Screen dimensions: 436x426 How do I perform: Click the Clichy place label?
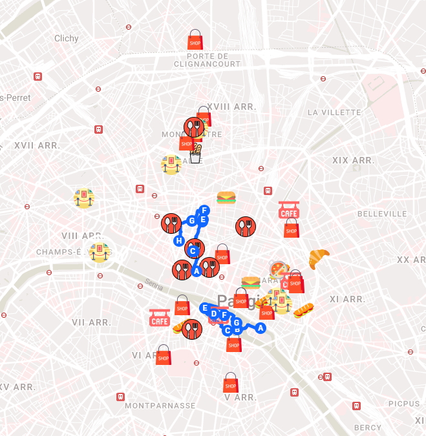pyautogui.click(x=67, y=38)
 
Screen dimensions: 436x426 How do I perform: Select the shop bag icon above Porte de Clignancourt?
pyautogui.click(x=195, y=40)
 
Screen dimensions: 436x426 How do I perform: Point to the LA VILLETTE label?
pyautogui.click(x=334, y=112)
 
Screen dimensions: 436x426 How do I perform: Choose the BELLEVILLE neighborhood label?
pyautogui.click(x=383, y=213)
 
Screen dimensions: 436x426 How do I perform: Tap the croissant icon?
pyautogui.click(x=319, y=258)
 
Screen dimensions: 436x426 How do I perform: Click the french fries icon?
pyautogui.click(x=195, y=154)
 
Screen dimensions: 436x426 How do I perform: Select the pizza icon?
pyautogui.click(x=279, y=269)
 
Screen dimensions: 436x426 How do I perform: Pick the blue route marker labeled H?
pyautogui.click(x=179, y=241)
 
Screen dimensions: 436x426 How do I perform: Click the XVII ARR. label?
pyautogui.click(x=37, y=145)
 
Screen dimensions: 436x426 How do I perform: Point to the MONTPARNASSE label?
pyautogui.click(x=160, y=406)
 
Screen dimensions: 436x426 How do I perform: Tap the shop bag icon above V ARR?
pyautogui.click(x=231, y=382)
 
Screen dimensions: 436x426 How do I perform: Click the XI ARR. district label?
pyautogui.click(x=347, y=299)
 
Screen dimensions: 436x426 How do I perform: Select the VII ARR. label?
pyautogui.click(x=91, y=322)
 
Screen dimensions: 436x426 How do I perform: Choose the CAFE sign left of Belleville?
pyautogui.click(x=289, y=210)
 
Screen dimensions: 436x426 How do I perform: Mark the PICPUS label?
pyautogui.click(x=403, y=404)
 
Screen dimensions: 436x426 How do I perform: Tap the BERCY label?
pyautogui.click(x=368, y=428)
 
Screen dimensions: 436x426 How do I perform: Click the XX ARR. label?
pyautogui.click(x=411, y=260)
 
